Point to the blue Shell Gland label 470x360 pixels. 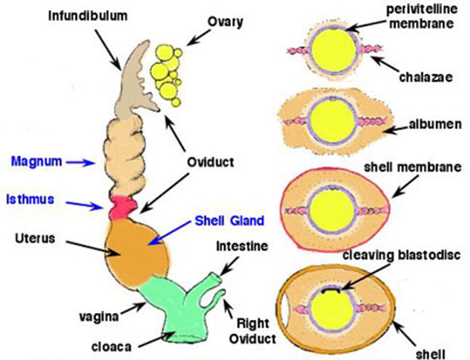(x=229, y=221)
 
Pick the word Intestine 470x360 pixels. (x=241, y=246)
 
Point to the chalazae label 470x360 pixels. (x=425, y=76)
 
